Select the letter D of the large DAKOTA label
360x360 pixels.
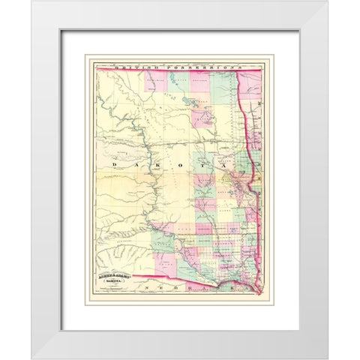[x=114, y=162]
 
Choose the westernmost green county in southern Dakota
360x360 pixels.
[x=163, y=244]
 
